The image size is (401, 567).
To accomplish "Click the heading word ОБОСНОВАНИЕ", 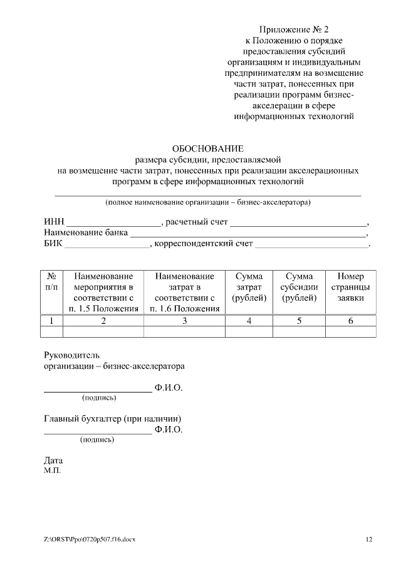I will tap(207, 148).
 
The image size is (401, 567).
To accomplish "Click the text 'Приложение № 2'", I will tap(294, 29).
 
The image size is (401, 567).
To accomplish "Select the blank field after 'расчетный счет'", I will tap(298, 223).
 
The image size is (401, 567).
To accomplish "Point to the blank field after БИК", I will tap(107, 245).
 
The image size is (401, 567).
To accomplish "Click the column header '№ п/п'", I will tap(52, 281).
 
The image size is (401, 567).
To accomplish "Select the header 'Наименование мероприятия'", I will tap(103, 292).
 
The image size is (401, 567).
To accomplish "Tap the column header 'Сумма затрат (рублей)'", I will tap(249, 287).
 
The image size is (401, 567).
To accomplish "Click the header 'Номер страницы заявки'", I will tap(350, 287).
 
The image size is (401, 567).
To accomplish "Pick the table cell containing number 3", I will tap(184, 321).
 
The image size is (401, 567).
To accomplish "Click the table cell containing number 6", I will tap(350, 321).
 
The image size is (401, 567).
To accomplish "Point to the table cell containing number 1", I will tap(52, 321).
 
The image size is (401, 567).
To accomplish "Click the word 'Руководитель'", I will tap(71, 355).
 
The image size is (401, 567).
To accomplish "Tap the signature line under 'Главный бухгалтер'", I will tap(97, 433).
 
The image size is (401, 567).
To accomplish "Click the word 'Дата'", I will tap(53, 460).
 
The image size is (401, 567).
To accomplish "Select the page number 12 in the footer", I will tap(369, 539).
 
